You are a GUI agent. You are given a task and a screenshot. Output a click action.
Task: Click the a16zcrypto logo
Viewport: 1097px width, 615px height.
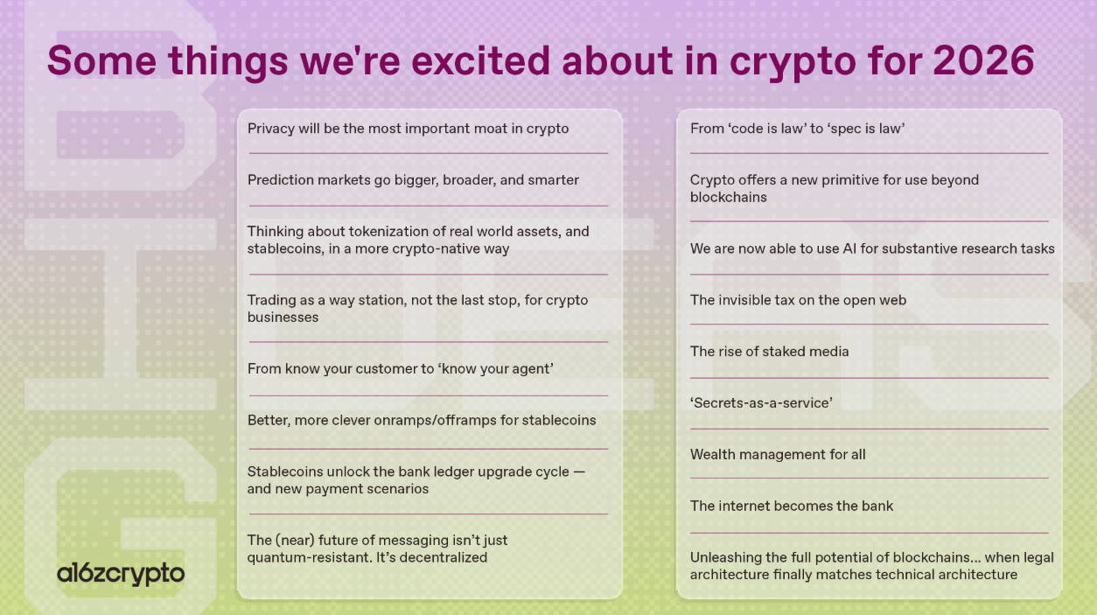[121, 574]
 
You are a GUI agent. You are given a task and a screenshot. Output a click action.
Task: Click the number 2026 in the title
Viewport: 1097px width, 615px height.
[983, 61]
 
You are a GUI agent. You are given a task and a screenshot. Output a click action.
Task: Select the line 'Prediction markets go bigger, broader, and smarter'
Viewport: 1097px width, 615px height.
[413, 180]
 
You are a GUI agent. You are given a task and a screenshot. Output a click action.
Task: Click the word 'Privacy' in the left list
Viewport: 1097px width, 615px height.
[271, 129]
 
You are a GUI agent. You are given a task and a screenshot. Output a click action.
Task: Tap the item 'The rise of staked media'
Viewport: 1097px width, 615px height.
[769, 352]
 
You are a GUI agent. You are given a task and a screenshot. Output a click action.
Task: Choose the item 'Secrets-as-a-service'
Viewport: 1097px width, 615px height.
[761, 403]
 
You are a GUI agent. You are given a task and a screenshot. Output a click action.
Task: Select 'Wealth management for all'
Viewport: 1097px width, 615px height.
[778, 455]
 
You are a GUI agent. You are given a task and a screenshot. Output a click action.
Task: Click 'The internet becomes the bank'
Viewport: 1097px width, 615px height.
[792, 507]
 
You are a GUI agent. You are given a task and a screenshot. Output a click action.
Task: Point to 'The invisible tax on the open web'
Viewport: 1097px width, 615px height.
[798, 300]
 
